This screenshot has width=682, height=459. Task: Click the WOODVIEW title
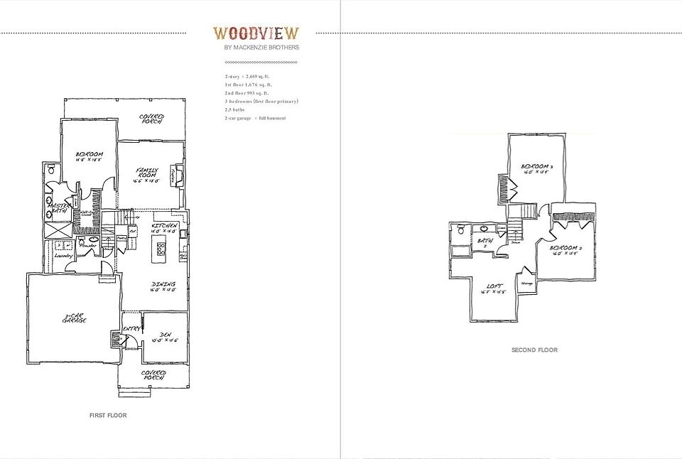[256, 33]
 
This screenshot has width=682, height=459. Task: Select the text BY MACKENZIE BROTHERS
[261, 48]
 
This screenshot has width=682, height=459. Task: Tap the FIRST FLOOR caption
[108, 415]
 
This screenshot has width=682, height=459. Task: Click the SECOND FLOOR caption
[534, 350]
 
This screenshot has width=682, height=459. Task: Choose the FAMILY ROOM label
[147, 173]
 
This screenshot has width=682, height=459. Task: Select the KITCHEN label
[163, 227]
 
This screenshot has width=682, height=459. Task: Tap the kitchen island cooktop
[161, 249]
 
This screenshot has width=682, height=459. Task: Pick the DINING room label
[163, 286]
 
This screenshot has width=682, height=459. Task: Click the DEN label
[164, 336]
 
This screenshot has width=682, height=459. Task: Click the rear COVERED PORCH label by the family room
[151, 119]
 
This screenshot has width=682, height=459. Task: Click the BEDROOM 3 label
[537, 168]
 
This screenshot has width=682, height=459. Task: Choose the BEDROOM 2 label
[565, 251]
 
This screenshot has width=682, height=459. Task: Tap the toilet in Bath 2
[461, 229]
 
